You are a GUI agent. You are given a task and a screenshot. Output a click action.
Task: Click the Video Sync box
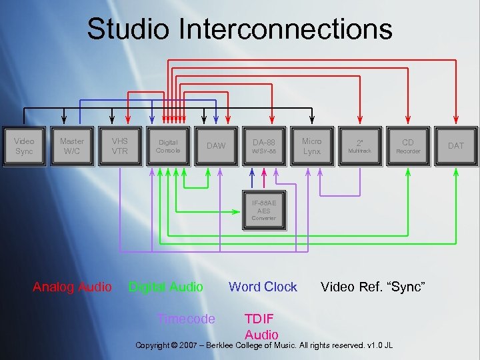click(24, 146)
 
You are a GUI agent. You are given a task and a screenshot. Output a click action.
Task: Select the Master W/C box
click(72, 146)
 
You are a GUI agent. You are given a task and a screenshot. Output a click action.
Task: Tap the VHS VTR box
click(120, 146)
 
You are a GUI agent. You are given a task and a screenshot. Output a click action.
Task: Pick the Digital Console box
click(168, 146)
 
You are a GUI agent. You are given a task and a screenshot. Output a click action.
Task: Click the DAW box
click(216, 146)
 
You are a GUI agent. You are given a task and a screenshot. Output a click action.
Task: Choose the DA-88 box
click(264, 146)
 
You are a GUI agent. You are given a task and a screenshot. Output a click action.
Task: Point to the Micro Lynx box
click(312, 146)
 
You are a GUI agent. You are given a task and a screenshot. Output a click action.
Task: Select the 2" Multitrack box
click(360, 146)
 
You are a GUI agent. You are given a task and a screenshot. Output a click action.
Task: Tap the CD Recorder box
click(408, 146)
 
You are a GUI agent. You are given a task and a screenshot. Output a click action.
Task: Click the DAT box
click(456, 146)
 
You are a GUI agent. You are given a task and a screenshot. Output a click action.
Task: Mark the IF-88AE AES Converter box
click(264, 210)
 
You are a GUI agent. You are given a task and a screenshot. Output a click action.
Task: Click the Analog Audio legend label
click(72, 287)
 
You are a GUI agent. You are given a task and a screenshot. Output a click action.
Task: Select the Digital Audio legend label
click(165, 287)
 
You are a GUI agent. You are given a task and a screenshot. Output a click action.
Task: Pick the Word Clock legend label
click(263, 287)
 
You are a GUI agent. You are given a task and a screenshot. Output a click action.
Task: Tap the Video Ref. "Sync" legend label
click(373, 287)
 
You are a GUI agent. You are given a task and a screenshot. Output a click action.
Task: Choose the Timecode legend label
click(185, 319)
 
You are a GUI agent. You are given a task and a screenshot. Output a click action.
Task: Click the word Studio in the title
click(119, 29)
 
